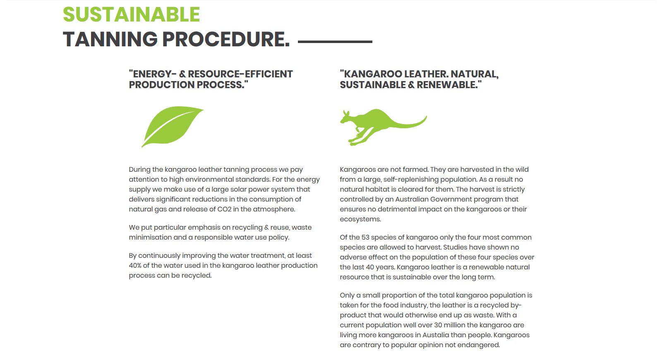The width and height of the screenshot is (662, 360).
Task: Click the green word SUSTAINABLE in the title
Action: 132,14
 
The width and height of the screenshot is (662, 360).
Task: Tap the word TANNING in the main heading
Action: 110,39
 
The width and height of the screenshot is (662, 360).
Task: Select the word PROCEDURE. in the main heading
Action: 226,39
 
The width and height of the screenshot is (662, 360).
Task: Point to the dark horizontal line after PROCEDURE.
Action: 335,42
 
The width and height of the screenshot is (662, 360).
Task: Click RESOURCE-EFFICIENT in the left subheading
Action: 240,74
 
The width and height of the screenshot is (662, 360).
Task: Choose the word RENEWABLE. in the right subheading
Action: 449,85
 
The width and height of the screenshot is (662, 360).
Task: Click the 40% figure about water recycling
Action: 135,265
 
